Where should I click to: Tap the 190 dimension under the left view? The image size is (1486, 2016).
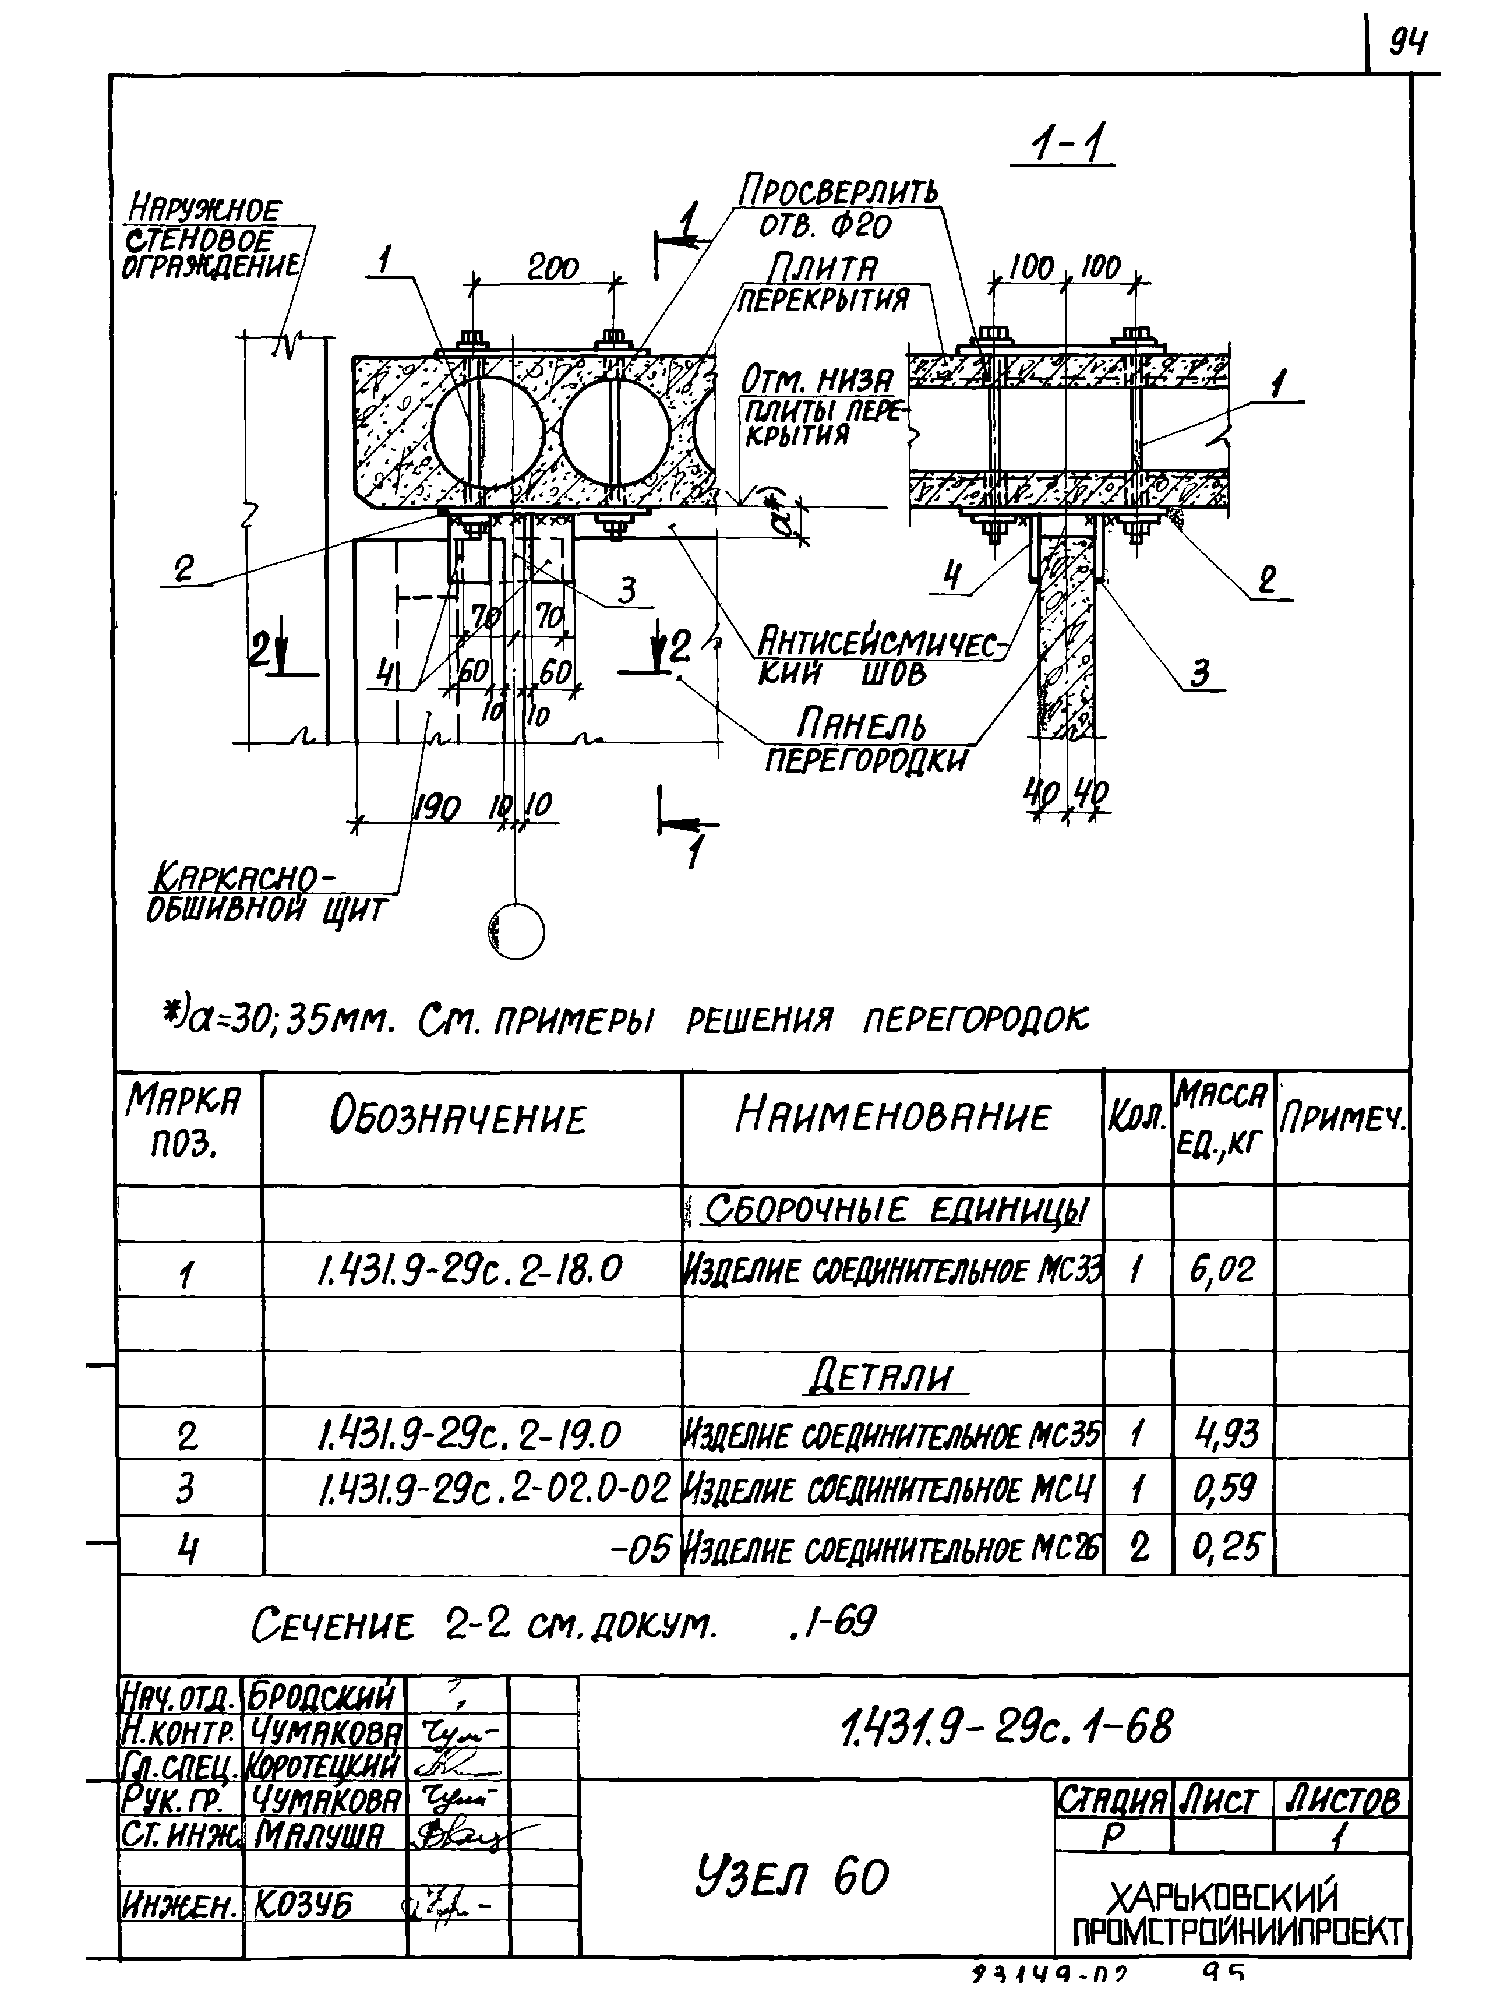(x=436, y=807)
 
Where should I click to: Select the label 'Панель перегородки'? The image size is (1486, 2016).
(x=866, y=741)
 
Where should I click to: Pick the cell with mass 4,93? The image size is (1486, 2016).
(x=1223, y=1433)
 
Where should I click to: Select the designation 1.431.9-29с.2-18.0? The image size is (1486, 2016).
(x=468, y=1270)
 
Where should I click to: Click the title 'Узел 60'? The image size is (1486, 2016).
(x=792, y=1878)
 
